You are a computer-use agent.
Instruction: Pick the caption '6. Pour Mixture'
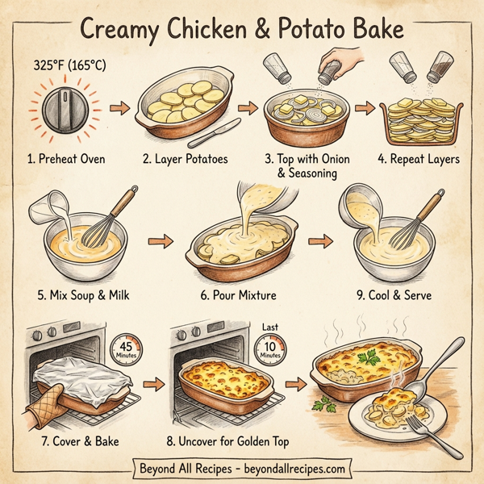point(238,295)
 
